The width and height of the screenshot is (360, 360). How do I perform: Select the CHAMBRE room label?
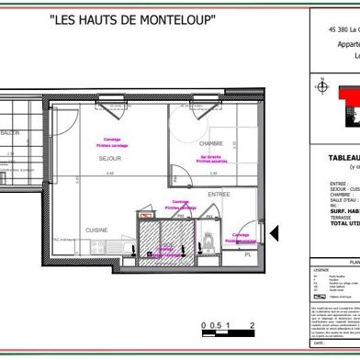210,144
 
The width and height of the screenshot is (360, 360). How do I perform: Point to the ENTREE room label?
219,195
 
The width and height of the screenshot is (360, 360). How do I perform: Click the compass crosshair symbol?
321,87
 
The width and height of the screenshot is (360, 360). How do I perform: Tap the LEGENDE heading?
321,270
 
